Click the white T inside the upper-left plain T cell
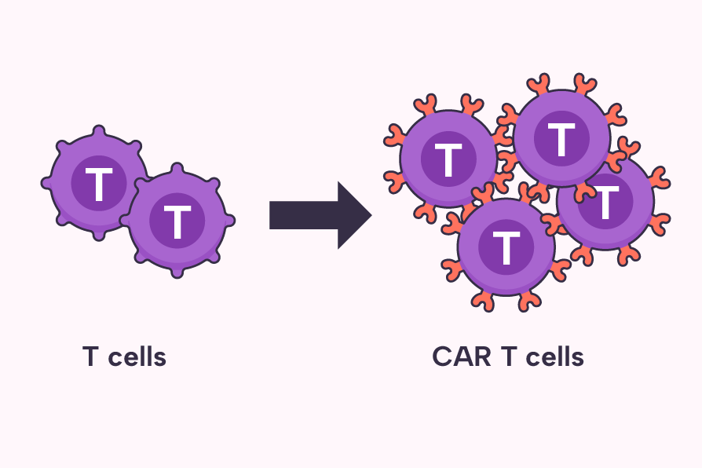[98, 185]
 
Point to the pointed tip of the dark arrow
[369, 215]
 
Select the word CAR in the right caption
[462, 357]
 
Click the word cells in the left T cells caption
[137, 357]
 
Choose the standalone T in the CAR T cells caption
[508, 357]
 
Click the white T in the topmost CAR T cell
[561, 140]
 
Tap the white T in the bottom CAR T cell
[506, 247]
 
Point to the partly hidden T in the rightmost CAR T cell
[607, 203]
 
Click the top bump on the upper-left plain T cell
[98, 130]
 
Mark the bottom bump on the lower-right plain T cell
[177, 272]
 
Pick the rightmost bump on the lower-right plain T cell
[229, 221]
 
